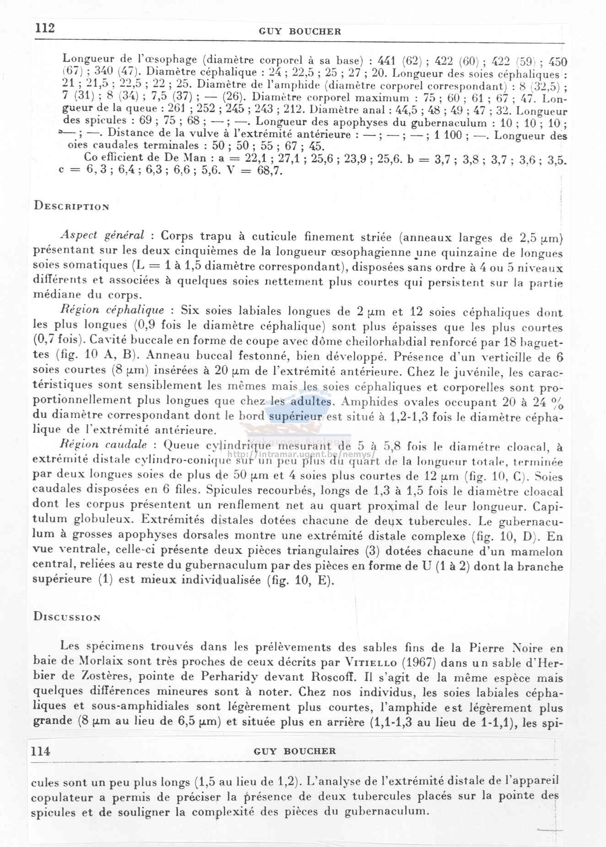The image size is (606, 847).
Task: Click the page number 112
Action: [45, 28]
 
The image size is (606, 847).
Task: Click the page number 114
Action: [40, 751]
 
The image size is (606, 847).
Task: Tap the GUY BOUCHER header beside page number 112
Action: [300, 32]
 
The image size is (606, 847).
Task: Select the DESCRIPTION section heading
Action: [71, 206]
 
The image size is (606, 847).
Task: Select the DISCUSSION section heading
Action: [67, 617]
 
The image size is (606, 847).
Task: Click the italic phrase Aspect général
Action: [103, 236]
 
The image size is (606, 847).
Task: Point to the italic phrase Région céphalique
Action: [112, 310]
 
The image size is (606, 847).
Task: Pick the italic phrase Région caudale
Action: [103, 445]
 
